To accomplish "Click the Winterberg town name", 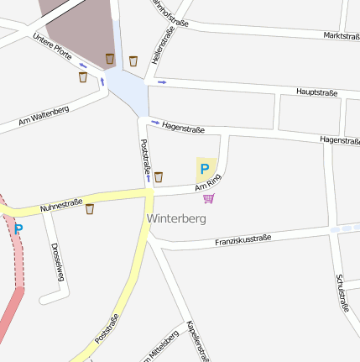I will (176, 218).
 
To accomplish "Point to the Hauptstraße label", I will (316, 91).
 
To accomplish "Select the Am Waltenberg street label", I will (43, 117).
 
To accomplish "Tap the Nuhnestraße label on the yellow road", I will (61, 203).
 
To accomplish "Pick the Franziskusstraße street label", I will (243, 240).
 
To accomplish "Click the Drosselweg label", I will (56, 261).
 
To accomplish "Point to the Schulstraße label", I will (342, 292).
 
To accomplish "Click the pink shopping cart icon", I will (208, 198).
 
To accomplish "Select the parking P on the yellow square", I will (204, 169).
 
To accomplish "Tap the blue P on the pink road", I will (18, 228).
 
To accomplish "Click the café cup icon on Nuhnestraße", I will (90, 209).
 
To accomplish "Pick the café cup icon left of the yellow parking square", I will (158, 177).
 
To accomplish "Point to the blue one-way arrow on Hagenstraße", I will (155, 123).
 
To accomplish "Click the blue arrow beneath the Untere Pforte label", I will (82, 65).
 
